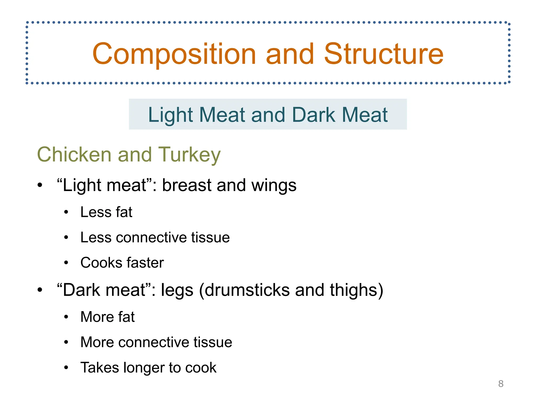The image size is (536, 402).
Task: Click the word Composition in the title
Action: tap(174, 54)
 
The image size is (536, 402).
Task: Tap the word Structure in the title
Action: tap(384, 54)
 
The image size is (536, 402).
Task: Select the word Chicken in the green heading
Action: tap(74, 154)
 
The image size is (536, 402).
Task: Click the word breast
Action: tap(187, 185)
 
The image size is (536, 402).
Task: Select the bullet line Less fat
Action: tap(106, 212)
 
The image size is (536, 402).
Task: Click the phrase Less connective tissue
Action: tap(155, 237)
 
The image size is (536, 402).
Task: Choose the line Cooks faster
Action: tap(122, 263)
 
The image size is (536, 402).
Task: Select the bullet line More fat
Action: tap(107, 317)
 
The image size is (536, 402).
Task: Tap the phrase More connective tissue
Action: tap(156, 342)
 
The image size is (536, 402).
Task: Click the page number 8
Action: tap(501, 384)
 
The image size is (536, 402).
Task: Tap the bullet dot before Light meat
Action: tap(40, 185)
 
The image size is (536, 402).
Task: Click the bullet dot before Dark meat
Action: tap(40, 290)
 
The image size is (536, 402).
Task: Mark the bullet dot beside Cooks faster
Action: tap(66, 263)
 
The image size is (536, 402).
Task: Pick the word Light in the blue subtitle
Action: tap(171, 115)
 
